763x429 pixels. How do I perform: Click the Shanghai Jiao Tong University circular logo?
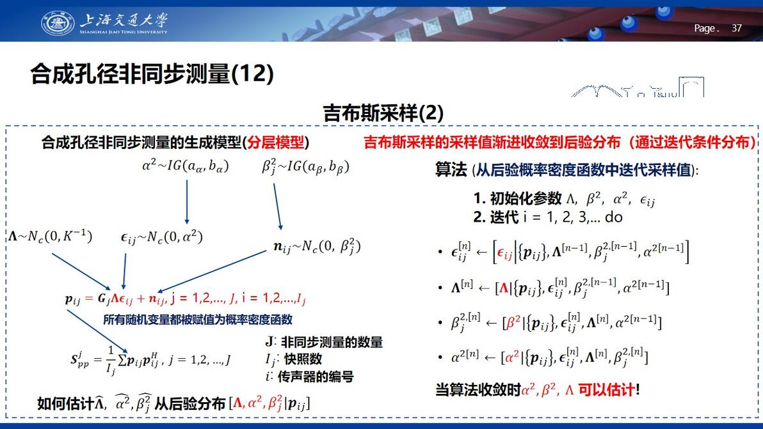pyautogui.click(x=58, y=24)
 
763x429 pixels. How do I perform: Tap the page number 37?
pyautogui.click(x=737, y=28)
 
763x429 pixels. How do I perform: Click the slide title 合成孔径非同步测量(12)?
pyautogui.click(x=152, y=74)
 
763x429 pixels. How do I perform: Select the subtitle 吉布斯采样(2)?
pyautogui.click(x=383, y=113)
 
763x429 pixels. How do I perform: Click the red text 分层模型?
pyautogui.click(x=275, y=143)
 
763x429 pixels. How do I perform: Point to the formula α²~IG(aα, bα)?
pyautogui.click(x=186, y=166)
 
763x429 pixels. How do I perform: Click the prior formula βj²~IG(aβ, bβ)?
pyautogui.click(x=305, y=167)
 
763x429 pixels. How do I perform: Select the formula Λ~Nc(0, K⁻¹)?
pyautogui.click(x=50, y=236)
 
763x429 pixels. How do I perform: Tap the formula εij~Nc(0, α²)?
pyautogui.click(x=161, y=237)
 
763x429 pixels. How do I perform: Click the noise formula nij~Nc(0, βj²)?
pyautogui.click(x=317, y=247)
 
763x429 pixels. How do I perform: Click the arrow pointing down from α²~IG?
pyautogui.click(x=187, y=202)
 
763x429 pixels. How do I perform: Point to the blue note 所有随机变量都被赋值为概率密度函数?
pyautogui.click(x=198, y=320)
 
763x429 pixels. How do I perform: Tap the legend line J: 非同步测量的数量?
pyautogui.click(x=324, y=342)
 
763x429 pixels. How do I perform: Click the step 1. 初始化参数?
pyautogui.click(x=518, y=198)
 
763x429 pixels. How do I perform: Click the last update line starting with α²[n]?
pyautogui.click(x=549, y=358)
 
